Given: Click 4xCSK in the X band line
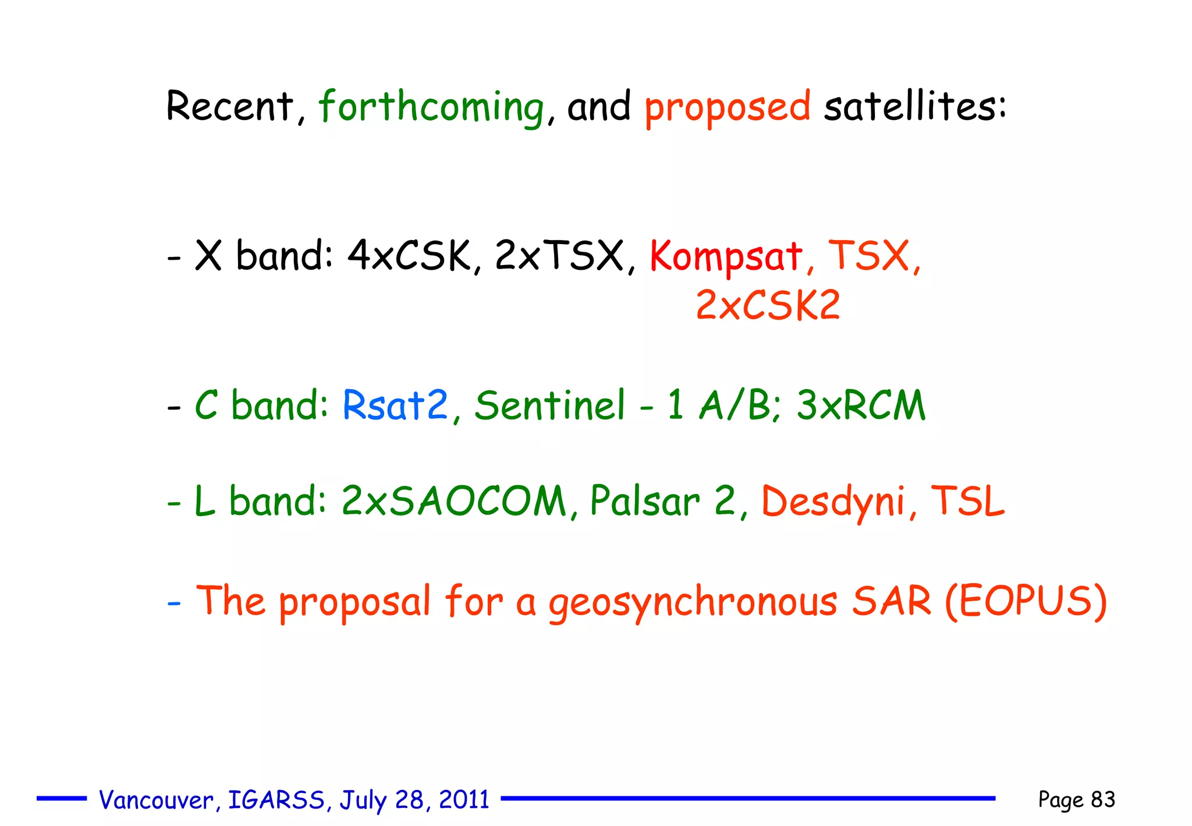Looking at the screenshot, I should click(x=409, y=256).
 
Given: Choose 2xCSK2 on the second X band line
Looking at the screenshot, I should click(x=768, y=305).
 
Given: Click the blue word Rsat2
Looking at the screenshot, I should click(x=395, y=405).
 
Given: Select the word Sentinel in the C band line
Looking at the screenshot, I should click(x=549, y=405).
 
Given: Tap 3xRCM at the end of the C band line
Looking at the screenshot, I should click(x=860, y=405).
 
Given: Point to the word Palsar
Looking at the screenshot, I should click(x=645, y=501).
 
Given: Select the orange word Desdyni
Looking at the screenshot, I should click(x=833, y=501).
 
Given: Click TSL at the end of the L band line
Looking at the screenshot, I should click(x=967, y=501).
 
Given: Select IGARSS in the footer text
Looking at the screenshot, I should click(x=276, y=800).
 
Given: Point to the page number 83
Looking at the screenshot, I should click(x=1103, y=799).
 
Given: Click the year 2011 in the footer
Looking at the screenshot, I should click(x=464, y=800).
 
